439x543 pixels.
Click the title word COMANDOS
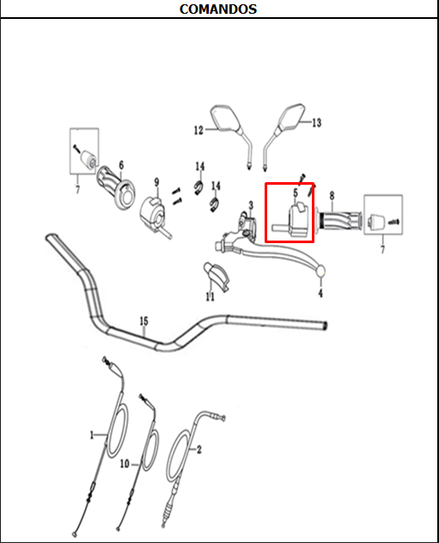click(x=217, y=9)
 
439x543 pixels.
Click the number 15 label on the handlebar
click(x=144, y=322)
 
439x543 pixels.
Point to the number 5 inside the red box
click(x=296, y=194)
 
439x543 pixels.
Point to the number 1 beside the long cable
click(x=92, y=436)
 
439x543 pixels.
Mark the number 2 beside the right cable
click(x=199, y=448)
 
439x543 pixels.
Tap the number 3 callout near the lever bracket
click(x=251, y=205)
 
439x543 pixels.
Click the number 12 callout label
click(x=198, y=131)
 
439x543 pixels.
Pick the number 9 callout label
click(x=156, y=182)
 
